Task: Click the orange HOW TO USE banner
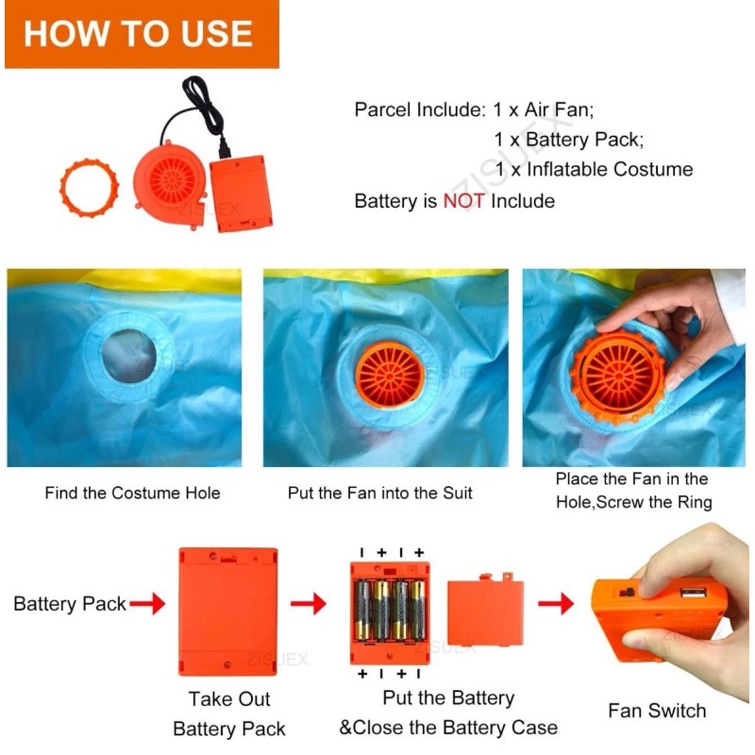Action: click(142, 34)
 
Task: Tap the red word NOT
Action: click(463, 201)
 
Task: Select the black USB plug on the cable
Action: click(225, 147)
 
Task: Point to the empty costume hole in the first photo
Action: click(129, 356)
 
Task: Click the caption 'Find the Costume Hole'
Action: click(132, 493)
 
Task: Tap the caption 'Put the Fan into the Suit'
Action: click(380, 493)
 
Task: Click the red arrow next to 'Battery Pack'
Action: click(147, 603)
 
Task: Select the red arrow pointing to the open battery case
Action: click(309, 603)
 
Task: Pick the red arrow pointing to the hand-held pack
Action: click(556, 603)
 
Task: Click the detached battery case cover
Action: click(485, 610)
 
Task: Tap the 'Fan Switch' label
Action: click(657, 711)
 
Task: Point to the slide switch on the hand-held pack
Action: click(627, 592)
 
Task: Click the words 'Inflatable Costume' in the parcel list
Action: click(610, 170)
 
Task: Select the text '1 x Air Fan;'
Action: click(544, 109)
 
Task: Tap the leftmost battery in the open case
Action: click(363, 611)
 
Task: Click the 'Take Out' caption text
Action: click(229, 699)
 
